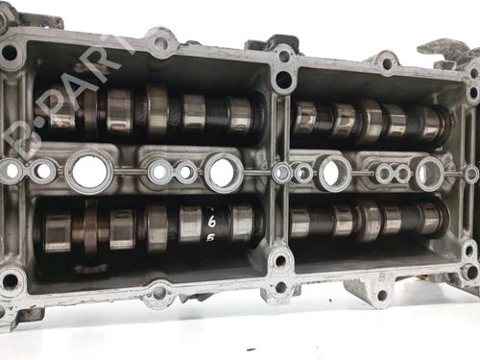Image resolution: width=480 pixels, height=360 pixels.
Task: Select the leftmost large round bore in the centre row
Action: click(88, 171)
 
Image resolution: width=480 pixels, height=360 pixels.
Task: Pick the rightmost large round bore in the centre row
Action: click(429, 172)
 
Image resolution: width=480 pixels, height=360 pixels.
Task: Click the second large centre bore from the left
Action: click(223, 172)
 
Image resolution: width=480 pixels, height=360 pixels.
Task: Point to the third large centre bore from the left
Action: click(334, 173)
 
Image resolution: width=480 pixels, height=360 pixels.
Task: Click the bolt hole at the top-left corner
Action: click(10, 54)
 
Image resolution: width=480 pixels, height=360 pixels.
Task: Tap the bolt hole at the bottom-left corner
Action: click(10, 282)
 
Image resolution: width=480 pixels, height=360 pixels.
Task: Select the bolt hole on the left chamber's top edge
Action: click(160, 43)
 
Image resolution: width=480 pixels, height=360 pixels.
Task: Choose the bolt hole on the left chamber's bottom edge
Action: click(158, 292)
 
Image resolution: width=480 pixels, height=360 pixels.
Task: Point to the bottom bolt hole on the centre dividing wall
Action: click(279, 260)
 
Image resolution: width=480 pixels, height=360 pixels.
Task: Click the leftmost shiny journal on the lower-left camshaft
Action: click(59, 230)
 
